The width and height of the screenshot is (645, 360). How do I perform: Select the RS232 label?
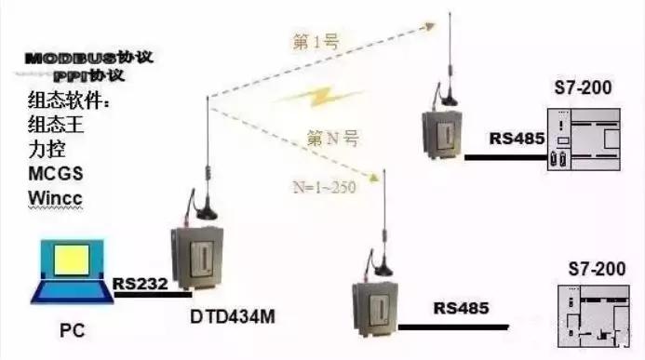click(x=139, y=282)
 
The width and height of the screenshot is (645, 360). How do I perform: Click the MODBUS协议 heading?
click(x=89, y=58)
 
